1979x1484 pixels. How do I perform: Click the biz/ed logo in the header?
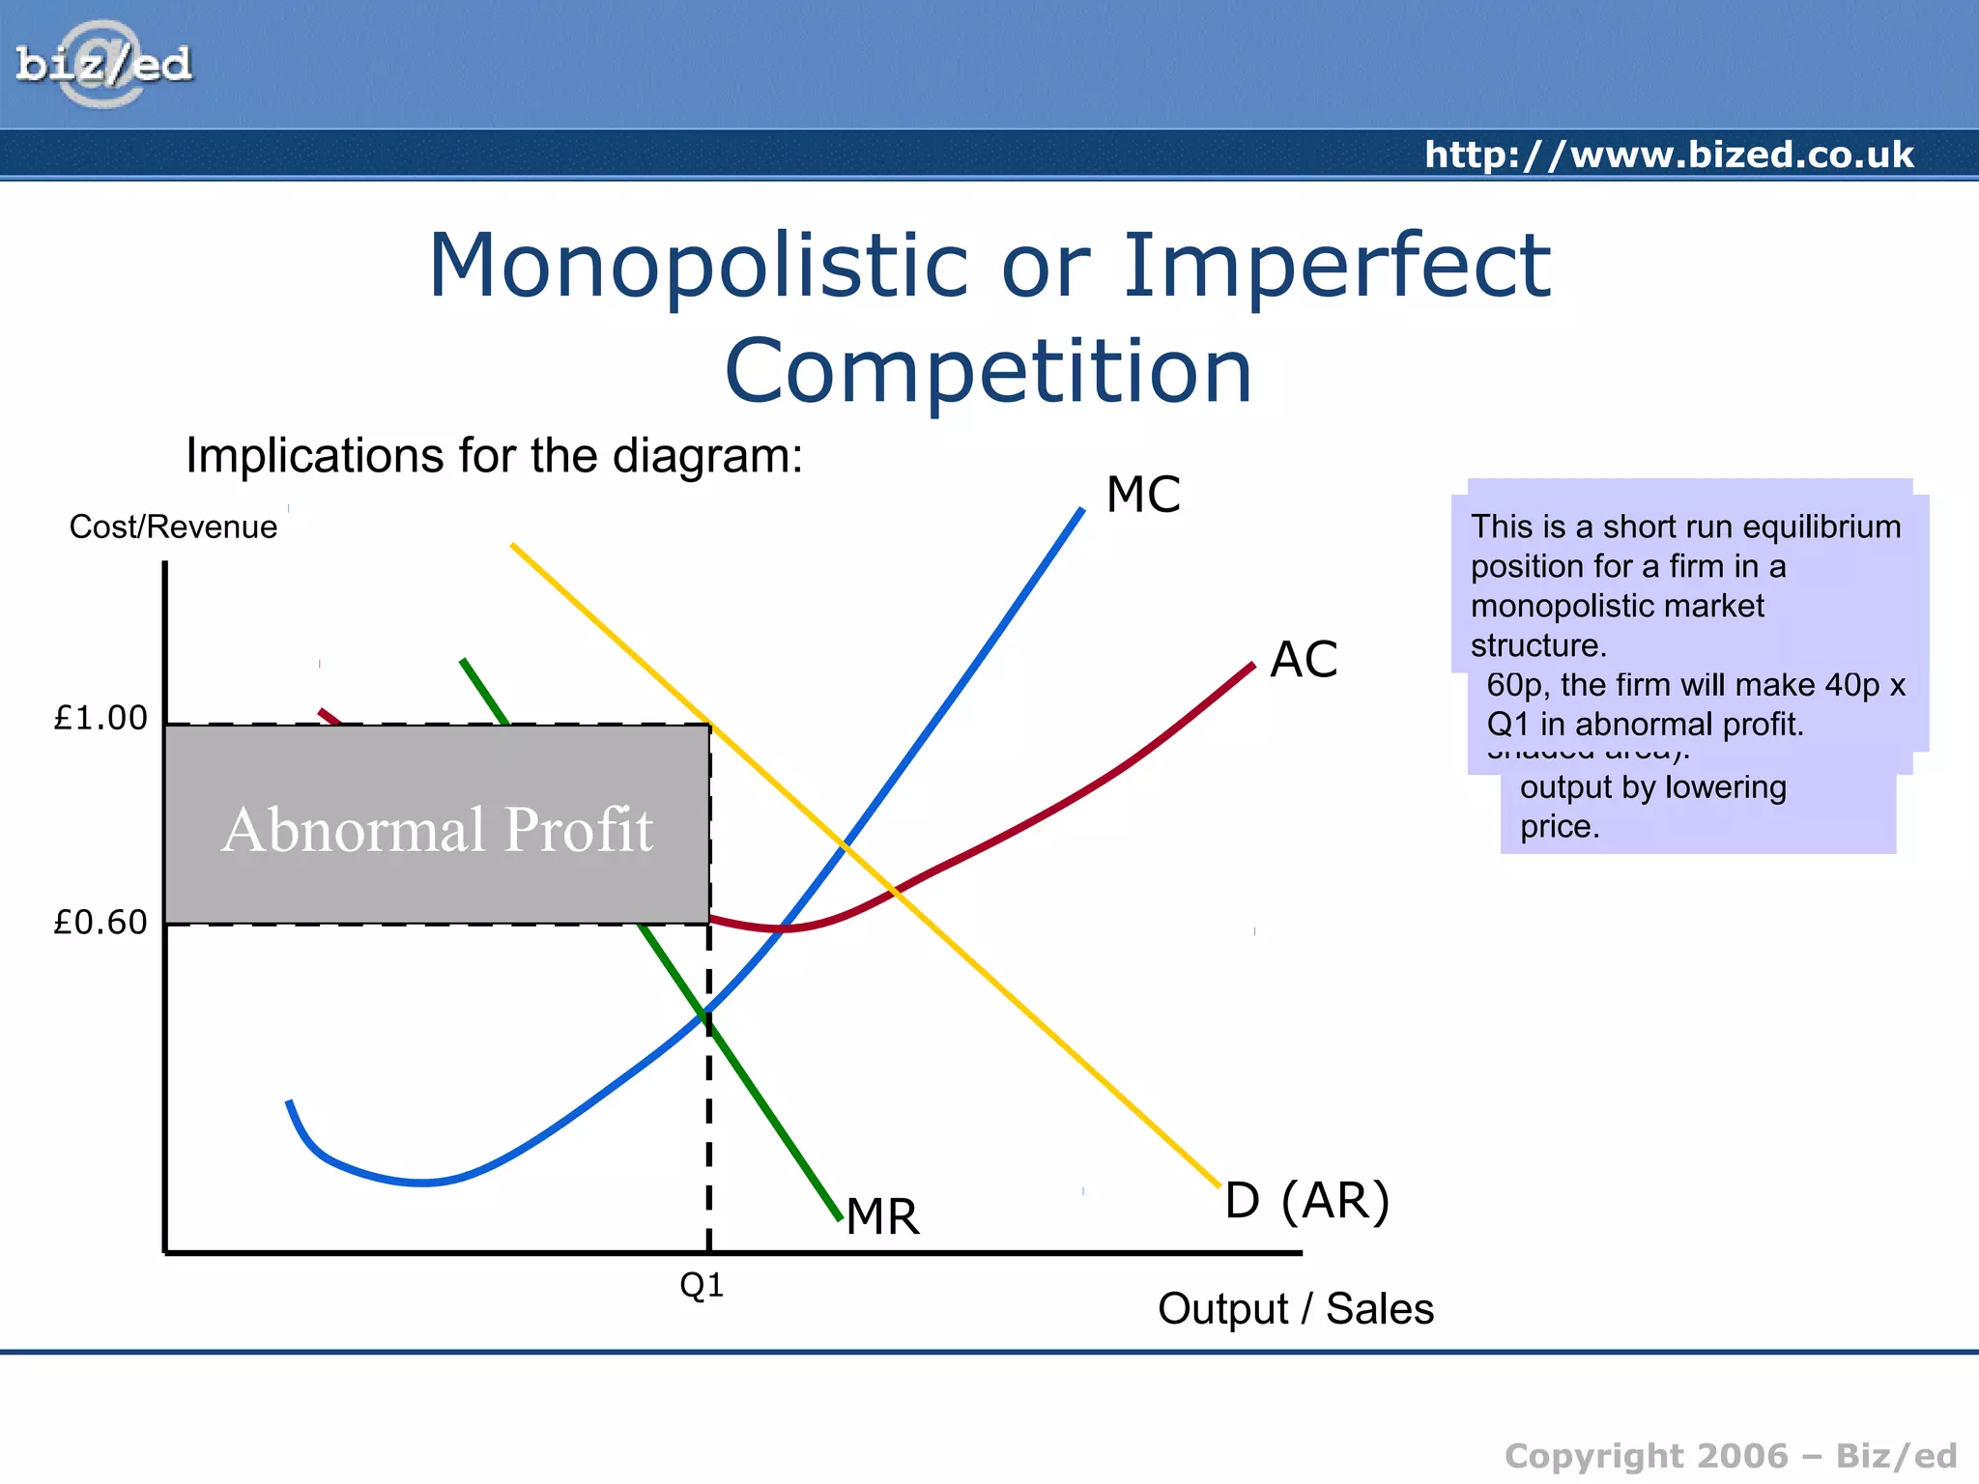pos(103,65)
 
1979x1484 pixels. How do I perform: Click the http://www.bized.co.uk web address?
pos(1668,155)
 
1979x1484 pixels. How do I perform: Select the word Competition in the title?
pos(989,371)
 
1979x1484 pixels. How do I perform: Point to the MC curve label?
pos(1143,495)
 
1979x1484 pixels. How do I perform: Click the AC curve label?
pos(1304,660)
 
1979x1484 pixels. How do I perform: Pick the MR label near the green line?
pos(883,1216)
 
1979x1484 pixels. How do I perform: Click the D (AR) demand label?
pos(1307,1201)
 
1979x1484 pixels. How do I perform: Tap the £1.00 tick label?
pos(100,718)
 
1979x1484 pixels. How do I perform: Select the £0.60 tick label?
pos(100,922)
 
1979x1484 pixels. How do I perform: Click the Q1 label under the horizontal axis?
pos(702,1285)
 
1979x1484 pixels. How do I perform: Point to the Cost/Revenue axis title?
pos(173,528)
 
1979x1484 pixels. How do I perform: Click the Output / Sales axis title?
pos(1295,1309)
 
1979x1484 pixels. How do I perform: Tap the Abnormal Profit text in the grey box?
pos(437,829)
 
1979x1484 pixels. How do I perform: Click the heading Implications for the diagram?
pos(494,455)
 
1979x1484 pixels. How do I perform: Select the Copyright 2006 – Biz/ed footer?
pos(1730,1455)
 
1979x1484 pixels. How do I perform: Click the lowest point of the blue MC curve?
pos(422,1182)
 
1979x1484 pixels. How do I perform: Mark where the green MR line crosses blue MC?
pos(705,1013)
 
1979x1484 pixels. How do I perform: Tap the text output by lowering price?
pos(1652,806)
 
